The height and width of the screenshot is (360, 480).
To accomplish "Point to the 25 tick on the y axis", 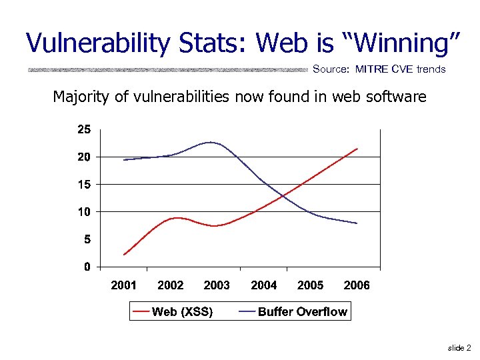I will point(83,129).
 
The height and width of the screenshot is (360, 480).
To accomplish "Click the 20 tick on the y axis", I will point(83,157).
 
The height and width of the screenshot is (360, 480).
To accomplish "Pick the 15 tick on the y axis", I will point(83,184).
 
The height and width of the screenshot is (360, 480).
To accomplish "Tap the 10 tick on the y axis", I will point(83,211).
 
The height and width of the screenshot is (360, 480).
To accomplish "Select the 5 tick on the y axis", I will point(86,239).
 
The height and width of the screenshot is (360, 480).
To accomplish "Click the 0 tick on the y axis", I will point(86,267).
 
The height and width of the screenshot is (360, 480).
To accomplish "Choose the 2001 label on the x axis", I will point(123,285).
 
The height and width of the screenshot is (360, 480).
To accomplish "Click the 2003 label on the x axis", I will point(217,285).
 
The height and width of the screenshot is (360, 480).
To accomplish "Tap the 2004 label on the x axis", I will point(263,285).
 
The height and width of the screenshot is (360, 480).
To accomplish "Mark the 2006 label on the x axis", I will point(357,285).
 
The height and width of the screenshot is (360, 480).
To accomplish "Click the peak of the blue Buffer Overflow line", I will point(211,142).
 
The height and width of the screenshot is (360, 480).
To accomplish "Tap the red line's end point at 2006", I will point(357,149).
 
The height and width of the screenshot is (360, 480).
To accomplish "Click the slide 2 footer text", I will point(459,348).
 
